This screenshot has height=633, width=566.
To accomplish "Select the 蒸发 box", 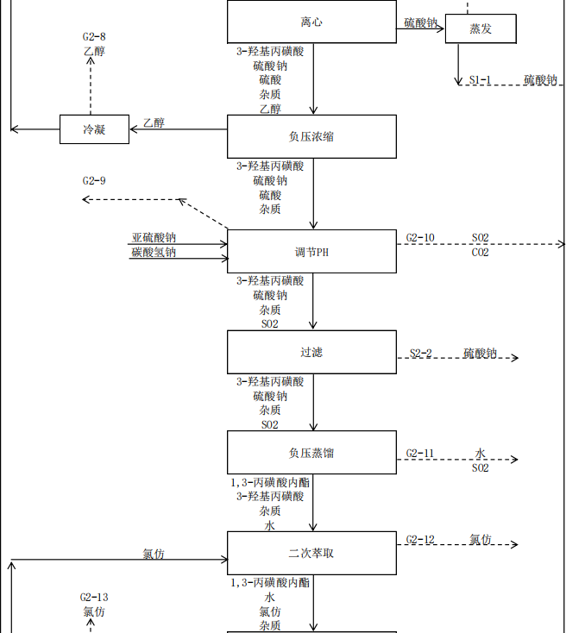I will [x=481, y=28].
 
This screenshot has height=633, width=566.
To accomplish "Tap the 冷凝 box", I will [x=94, y=129].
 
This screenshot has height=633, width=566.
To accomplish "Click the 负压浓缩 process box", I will [x=311, y=136].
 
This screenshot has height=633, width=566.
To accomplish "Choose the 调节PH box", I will [x=311, y=252].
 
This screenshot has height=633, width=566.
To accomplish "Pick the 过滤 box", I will [x=311, y=352].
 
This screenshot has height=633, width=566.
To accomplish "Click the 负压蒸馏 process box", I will [x=311, y=452].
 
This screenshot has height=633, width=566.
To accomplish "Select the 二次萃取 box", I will [x=311, y=553].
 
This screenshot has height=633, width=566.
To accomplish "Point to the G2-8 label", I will [x=94, y=37].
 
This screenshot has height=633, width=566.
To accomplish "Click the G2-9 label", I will [x=94, y=181].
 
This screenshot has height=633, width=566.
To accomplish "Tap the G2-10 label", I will [x=420, y=238].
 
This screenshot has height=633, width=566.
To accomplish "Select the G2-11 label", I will [x=420, y=454].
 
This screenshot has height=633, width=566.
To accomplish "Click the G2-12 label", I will [x=420, y=540].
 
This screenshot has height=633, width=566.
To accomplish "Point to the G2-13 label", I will [x=94, y=597].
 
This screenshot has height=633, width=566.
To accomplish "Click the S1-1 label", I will [x=481, y=80].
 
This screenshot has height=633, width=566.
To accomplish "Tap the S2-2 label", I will [x=421, y=354].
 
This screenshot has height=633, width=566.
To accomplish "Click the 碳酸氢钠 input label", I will [x=154, y=253].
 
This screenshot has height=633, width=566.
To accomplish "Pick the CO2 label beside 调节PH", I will [x=481, y=253].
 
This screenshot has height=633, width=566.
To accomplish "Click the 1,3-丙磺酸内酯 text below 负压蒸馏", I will [x=270, y=482].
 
